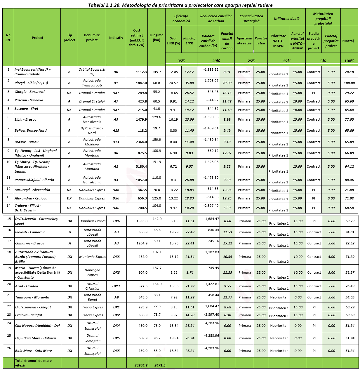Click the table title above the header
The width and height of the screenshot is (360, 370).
(x=180, y=5)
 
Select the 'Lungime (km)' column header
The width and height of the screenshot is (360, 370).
(x=156, y=37)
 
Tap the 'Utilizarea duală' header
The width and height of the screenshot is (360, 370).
(x=286, y=19)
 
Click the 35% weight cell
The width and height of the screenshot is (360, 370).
(x=181, y=61)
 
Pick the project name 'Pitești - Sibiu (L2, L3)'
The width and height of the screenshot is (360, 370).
(x=31, y=83)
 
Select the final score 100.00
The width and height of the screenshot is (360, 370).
(x=349, y=83)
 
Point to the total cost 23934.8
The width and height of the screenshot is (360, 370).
(x=141, y=365)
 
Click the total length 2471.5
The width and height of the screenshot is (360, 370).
(x=160, y=365)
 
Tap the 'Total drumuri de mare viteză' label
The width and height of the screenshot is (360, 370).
(x=33, y=363)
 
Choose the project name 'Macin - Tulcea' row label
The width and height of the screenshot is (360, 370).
(x=37, y=272)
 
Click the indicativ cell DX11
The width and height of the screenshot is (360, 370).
(x=116, y=286)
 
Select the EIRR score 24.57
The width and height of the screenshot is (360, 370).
(x=173, y=83)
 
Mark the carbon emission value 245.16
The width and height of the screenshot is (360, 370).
(x=213, y=241)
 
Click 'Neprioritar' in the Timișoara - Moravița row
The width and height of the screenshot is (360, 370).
(x=279, y=297)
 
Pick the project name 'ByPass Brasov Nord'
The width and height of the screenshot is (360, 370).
(x=31, y=131)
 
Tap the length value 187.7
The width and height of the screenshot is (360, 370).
(x=157, y=268)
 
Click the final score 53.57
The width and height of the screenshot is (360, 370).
(x=350, y=272)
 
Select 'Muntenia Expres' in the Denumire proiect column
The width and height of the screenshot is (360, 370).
(x=93, y=257)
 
